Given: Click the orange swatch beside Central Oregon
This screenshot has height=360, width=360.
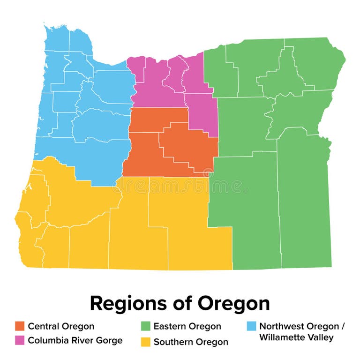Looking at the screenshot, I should tap(20, 326).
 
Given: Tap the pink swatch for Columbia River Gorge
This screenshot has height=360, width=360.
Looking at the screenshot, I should tap(20, 340).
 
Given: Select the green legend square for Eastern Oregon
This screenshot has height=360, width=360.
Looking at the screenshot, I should tap(145, 326).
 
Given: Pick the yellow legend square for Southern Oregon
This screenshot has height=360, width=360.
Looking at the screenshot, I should tap(145, 342).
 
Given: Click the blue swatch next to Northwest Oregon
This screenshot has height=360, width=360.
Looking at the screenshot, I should tap(251, 326).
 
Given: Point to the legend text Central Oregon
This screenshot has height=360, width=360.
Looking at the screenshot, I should tap(61, 326).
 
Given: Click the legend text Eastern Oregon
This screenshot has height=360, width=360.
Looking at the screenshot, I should tap(187, 326).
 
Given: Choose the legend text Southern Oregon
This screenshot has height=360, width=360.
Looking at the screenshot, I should tap(191, 342).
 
